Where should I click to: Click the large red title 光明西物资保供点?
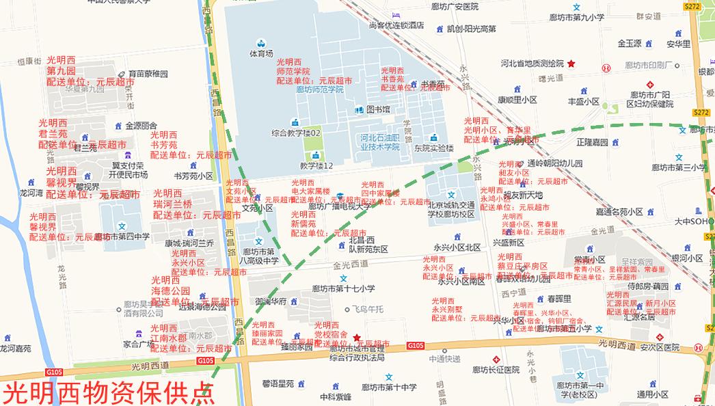(x=108, y=393)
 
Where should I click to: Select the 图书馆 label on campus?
(x=377, y=109)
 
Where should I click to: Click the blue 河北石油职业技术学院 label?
(x=379, y=142)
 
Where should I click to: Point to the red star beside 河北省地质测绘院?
(x=571, y=64)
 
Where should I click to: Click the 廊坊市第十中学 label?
(x=389, y=388)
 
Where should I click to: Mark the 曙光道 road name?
(x=548, y=79)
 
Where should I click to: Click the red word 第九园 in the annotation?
(x=61, y=70)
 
